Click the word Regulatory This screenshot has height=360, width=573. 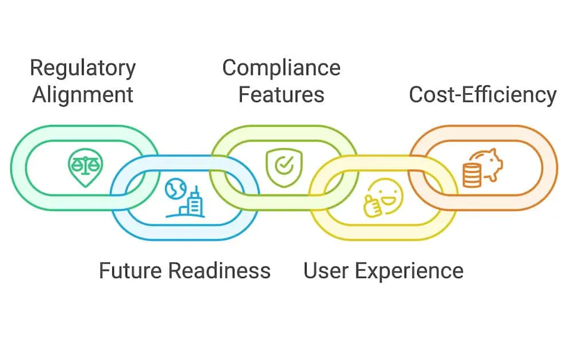[83, 69]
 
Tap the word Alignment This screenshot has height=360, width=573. [83, 95]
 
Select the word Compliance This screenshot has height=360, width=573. [281, 69]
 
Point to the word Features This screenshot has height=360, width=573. [281, 95]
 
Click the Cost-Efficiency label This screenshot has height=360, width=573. [482, 95]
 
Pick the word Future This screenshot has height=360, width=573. [130, 271]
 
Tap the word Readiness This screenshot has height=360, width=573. [219, 271]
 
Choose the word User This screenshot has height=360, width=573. [325, 271]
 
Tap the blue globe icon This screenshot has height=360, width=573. [175, 189]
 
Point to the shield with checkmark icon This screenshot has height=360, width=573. [284, 167]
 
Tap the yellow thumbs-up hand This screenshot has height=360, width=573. [372, 206]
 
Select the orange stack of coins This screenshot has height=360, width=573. [472, 175]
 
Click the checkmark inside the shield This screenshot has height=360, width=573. [284, 165]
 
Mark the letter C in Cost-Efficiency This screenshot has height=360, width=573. [416, 95]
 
